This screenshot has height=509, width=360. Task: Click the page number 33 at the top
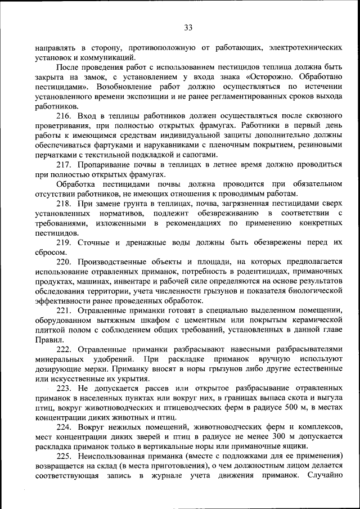[x=188, y=28]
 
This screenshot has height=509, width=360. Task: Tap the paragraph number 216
[x=65, y=115]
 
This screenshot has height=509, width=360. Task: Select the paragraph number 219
[x=65, y=242]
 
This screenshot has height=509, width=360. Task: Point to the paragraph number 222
[x=65, y=349]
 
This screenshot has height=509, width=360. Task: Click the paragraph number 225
[x=65, y=455]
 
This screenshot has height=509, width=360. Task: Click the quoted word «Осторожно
[x=271, y=78]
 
